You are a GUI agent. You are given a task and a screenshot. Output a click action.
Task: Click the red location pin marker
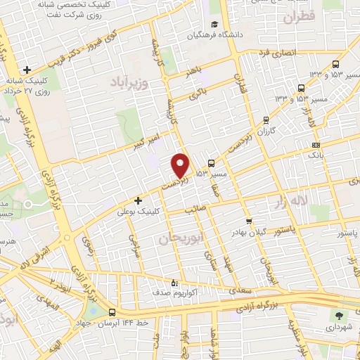(181, 165)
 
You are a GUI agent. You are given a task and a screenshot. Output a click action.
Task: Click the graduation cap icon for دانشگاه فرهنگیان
(192, 33)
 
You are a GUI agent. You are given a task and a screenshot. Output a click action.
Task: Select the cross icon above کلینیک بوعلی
(138, 200)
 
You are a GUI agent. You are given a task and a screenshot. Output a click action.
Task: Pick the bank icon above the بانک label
(316, 145)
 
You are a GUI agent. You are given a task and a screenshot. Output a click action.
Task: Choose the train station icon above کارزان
(266, 120)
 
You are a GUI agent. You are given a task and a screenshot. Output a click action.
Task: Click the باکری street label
(200, 91)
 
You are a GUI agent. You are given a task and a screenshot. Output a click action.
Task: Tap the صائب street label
(193, 210)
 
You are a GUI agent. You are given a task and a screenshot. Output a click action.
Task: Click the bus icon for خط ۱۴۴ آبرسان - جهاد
(112, 312)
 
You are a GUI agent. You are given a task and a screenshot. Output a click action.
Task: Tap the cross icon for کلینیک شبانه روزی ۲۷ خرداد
(27, 70)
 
